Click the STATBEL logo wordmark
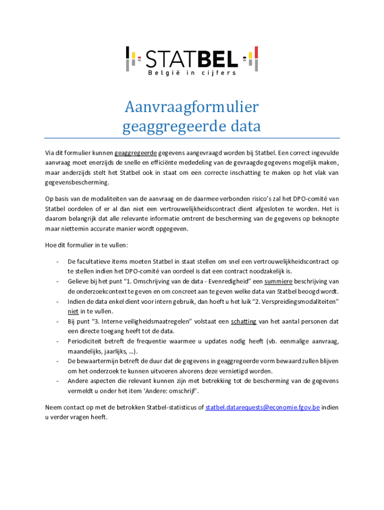click(x=192, y=58)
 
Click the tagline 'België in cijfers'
click(x=192, y=73)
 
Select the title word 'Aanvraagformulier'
click(x=192, y=107)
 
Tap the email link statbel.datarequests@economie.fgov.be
click(x=262, y=407)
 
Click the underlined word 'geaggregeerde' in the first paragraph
click(x=136, y=152)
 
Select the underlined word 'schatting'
click(x=243, y=321)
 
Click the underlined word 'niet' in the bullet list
click(x=73, y=311)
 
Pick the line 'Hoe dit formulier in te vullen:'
click(x=87, y=245)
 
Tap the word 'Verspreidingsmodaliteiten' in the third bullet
click(x=298, y=301)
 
